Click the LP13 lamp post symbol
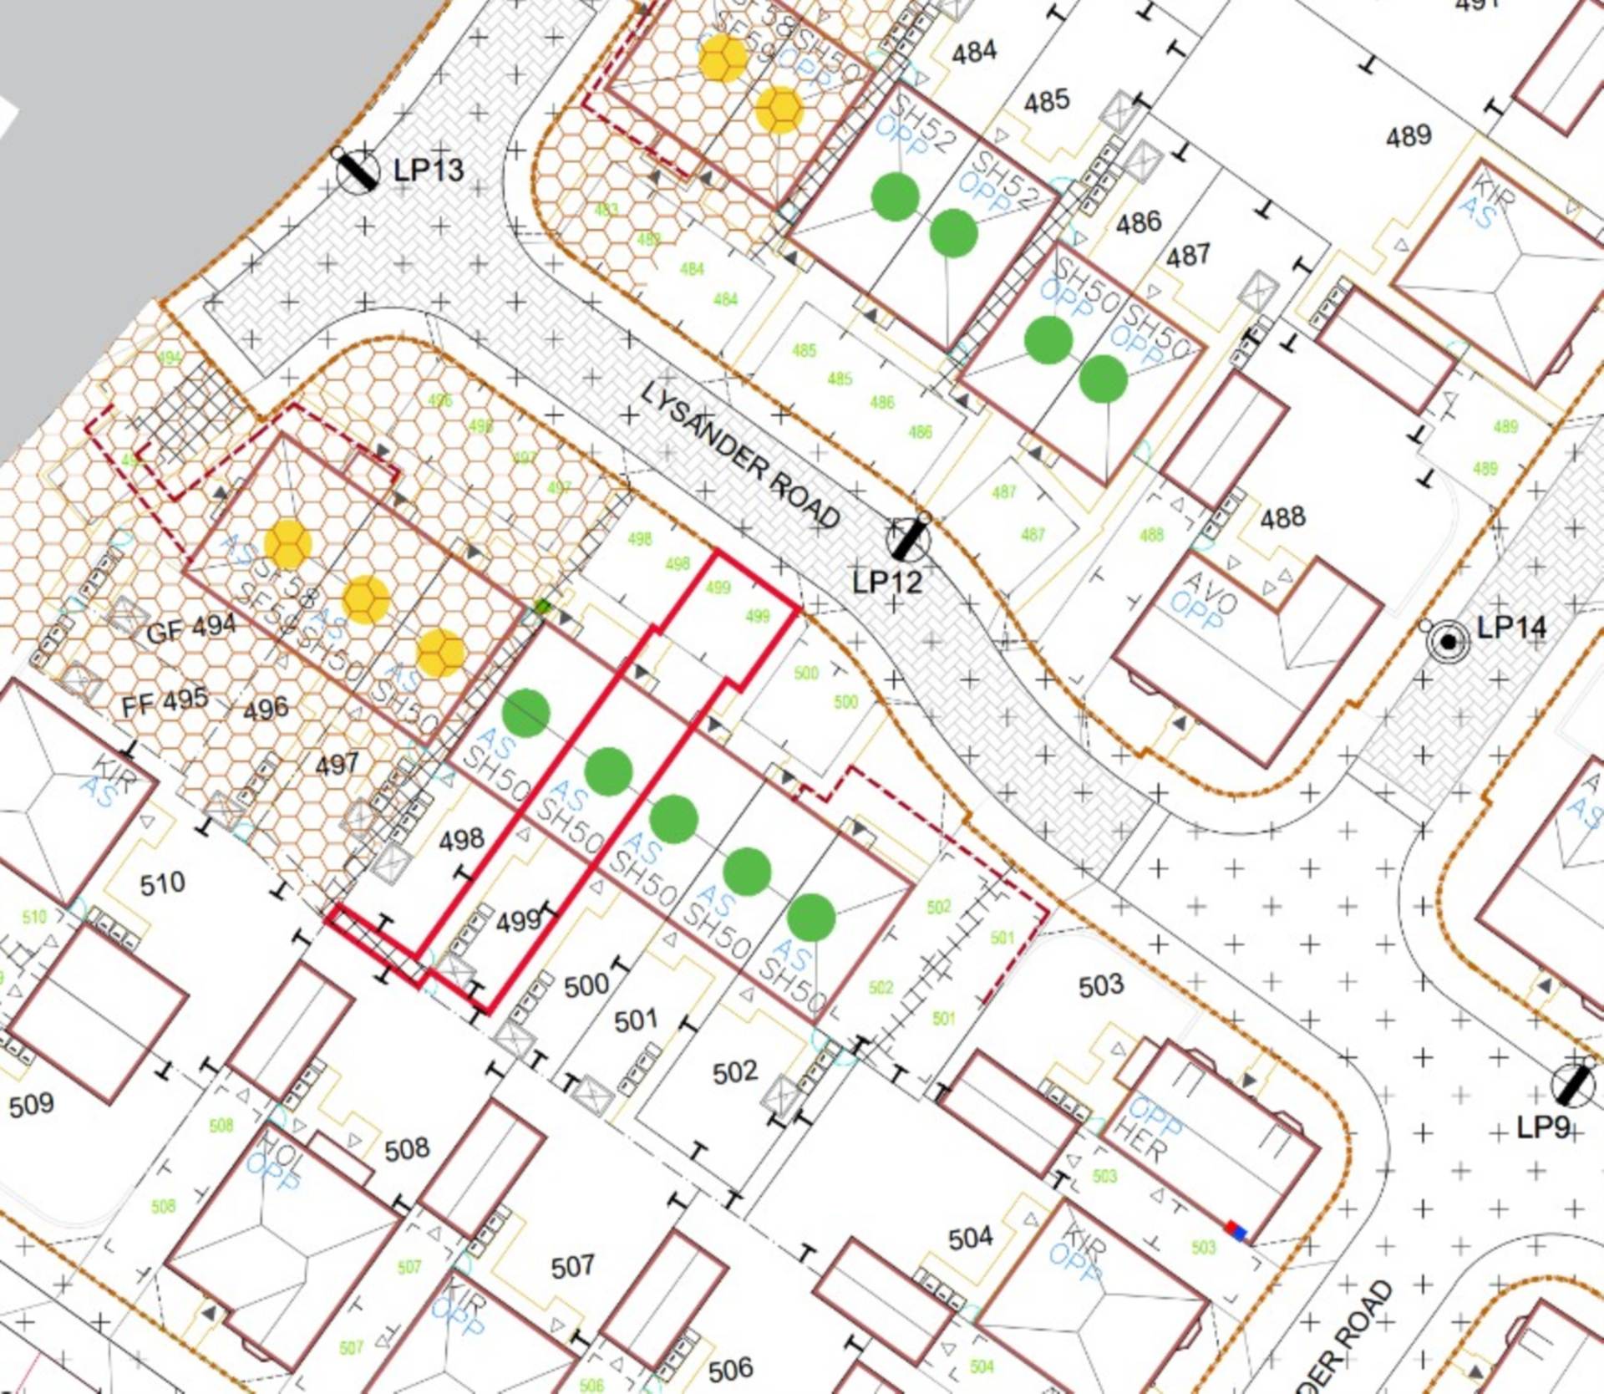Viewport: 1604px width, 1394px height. (x=357, y=170)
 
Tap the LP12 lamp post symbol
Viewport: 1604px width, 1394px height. (x=908, y=539)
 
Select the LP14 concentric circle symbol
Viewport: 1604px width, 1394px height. (x=1448, y=642)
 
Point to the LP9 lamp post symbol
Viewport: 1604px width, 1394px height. (x=1572, y=1085)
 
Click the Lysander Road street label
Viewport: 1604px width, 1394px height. (x=740, y=455)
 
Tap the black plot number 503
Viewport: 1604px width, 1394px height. (x=1101, y=986)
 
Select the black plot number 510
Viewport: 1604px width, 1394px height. (x=162, y=883)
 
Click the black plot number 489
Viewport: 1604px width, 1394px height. (x=1409, y=135)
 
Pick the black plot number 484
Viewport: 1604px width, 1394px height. (x=974, y=52)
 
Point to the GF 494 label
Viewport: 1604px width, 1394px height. (x=191, y=628)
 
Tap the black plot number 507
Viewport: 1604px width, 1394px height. (x=572, y=1267)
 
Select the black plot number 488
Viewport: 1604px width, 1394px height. (x=1282, y=518)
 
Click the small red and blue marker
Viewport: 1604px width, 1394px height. (x=1236, y=1230)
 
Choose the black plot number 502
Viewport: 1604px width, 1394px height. (x=735, y=1072)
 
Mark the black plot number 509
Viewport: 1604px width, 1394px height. (x=31, y=1105)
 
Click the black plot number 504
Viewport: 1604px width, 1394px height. (x=971, y=1237)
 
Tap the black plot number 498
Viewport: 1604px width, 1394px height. (x=461, y=839)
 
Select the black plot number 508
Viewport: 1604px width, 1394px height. (x=407, y=1150)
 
